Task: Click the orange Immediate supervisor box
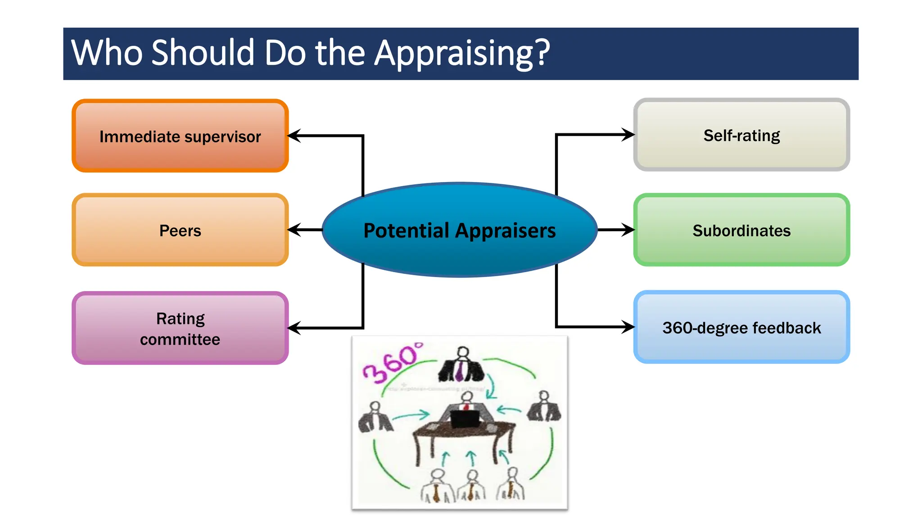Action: point(180,136)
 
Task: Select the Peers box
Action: point(180,230)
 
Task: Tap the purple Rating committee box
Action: point(180,328)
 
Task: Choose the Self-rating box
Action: point(741,135)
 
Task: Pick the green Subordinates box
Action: point(741,230)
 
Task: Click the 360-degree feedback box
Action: point(741,327)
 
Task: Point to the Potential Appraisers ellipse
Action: point(460,230)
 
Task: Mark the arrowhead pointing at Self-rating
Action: point(628,134)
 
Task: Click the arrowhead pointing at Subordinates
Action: point(628,230)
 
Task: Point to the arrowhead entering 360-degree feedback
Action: point(628,327)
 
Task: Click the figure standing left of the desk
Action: point(375,418)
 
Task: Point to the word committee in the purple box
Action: point(180,339)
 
